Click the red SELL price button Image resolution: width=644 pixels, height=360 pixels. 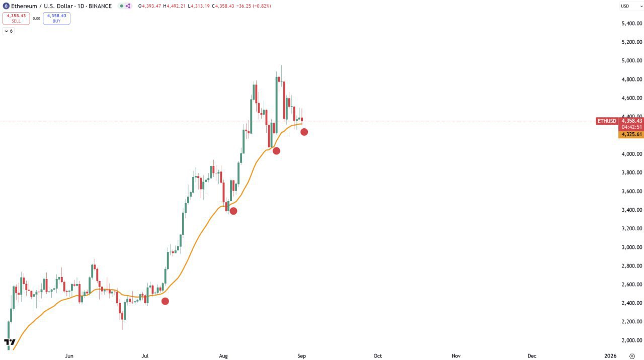(16, 18)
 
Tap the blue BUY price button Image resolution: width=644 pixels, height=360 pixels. (56, 18)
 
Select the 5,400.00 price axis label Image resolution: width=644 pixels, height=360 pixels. (631, 24)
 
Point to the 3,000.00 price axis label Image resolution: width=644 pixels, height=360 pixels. (631, 247)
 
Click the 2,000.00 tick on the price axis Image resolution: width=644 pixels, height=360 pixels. (631, 340)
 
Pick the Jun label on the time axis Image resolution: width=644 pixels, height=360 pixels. (69, 356)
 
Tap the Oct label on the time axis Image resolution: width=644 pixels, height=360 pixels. (377, 356)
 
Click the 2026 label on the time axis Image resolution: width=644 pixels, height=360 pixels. (610, 356)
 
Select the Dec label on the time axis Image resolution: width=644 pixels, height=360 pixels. (532, 356)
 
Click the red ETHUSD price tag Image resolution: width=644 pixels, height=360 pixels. (606, 121)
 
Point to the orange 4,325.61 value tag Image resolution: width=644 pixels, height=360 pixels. (631, 134)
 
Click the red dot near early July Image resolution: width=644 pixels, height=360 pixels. (165, 301)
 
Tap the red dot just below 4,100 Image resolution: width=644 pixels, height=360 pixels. (276, 151)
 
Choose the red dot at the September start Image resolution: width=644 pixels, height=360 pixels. (304, 132)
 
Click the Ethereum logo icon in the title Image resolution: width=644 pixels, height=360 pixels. (6, 6)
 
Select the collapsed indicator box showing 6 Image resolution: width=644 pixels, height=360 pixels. (9, 31)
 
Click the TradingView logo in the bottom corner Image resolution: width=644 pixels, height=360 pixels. (10, 343)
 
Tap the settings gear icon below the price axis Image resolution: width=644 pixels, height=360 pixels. (632, 356)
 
